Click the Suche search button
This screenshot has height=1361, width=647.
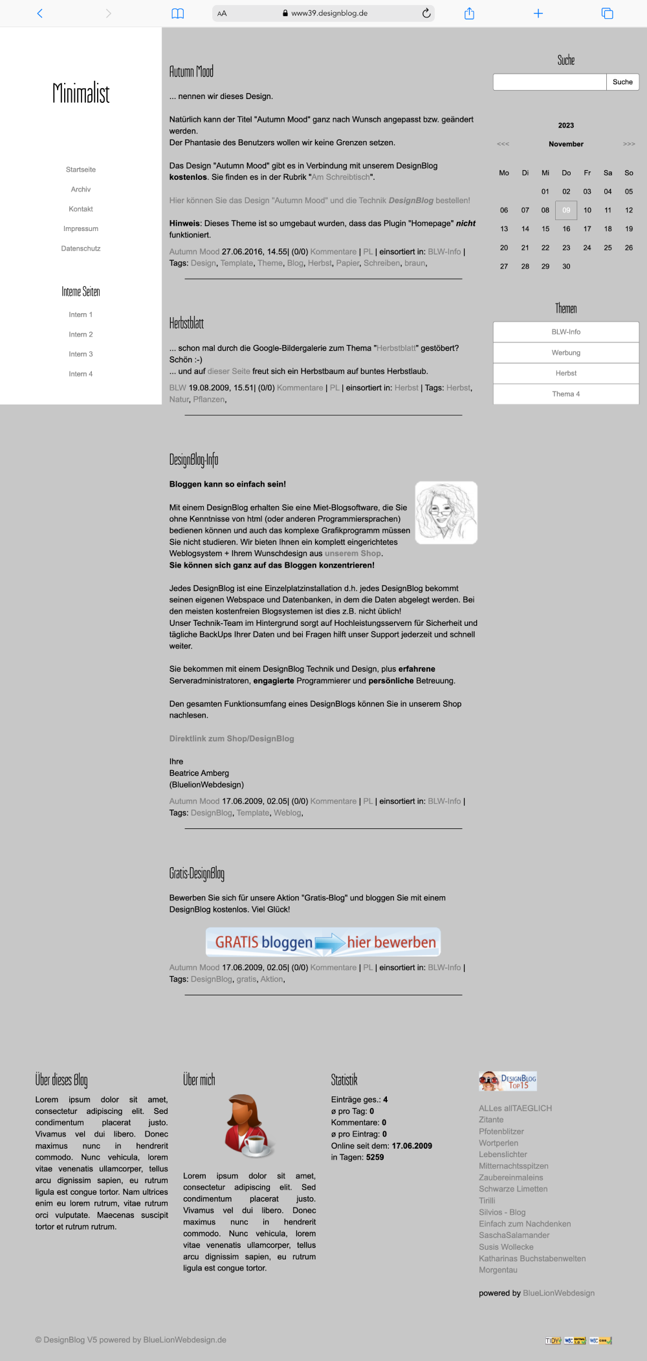(622, 82)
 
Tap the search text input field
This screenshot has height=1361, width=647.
(549, 82)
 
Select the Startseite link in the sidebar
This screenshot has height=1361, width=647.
(81, 170)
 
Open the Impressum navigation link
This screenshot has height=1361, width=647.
(81, 228)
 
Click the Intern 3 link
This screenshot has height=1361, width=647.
(81, 354)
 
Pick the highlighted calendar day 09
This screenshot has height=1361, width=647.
(566, 210)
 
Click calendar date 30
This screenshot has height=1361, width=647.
(566, 267)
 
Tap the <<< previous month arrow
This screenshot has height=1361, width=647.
(503, 144)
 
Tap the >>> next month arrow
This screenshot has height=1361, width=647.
(629, 144)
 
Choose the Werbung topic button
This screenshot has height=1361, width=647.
(566, 353)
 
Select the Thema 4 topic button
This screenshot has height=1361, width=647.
(566, 394)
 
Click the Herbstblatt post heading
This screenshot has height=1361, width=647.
(186, 323)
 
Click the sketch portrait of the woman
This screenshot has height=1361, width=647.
(446, 513)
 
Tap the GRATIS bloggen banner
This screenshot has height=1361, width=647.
(323, 942)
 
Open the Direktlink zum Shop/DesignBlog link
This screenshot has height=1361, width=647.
(232, 738)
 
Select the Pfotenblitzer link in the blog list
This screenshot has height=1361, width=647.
(501, 1131)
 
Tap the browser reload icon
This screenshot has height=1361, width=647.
(426, 13)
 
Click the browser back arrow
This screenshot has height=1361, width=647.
(40, 13)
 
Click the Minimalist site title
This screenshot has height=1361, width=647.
(81, 93)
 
